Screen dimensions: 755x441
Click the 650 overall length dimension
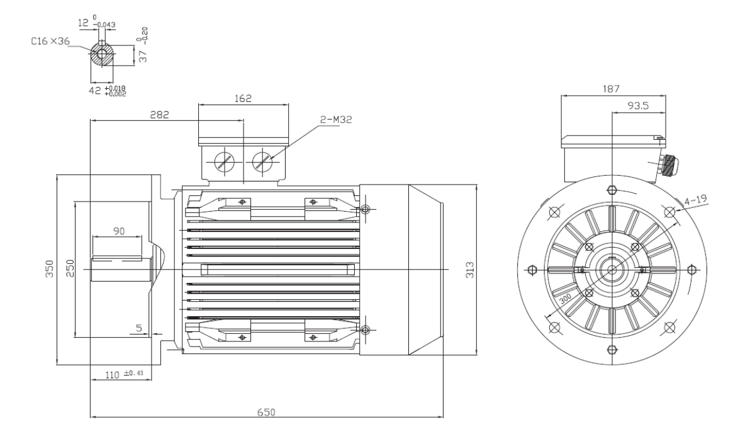[x=266, y=412]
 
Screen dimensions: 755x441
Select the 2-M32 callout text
[x=336, y=120]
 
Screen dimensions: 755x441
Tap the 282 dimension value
[x=159, y=115]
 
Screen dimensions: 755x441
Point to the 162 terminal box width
[x=243, y=98]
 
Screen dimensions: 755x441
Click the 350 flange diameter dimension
[x=50, y=269]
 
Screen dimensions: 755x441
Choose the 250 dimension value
[x=70, y=268]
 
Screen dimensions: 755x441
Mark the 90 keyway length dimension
[x=119, y=231]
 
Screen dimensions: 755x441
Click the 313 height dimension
[x=469, y=270]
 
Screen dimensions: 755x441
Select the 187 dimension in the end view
[x=611, y=89]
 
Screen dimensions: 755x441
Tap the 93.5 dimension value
[x=638, y=106]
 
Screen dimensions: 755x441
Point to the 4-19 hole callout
[x=695, y=200]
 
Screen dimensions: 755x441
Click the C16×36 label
[x=50, y=41]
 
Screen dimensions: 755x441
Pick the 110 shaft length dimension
[x=112, y=375]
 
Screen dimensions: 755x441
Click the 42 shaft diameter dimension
[x=95, y=91]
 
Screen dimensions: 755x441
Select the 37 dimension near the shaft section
[x=143, y=56]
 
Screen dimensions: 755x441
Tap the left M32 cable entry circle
[x=225, y=162]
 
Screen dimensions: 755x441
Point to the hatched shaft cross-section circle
[x=102, y=54]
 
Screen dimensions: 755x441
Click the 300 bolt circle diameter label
[x=565, y=299]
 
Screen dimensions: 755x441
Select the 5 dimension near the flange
[x=138, y=328]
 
